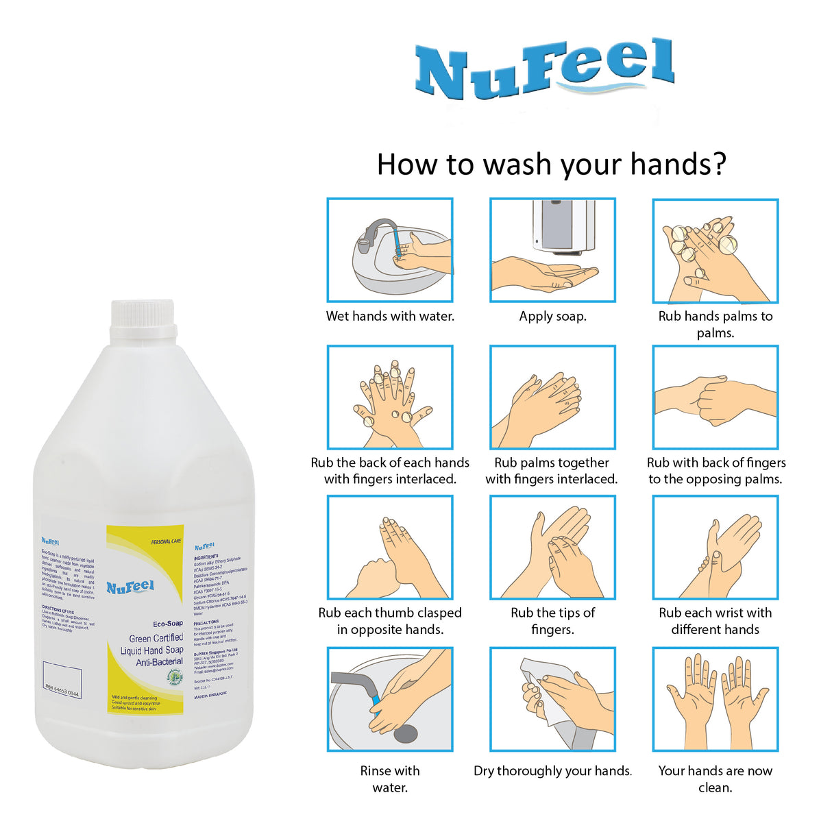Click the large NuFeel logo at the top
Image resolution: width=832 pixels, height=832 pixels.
[x=545, y=69]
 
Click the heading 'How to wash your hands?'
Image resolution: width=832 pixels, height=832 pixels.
[x=551, y=165]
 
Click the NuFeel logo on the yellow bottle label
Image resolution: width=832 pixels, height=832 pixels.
[x=130, y=587]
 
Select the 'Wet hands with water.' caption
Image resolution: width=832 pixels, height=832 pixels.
[x=390, y=317]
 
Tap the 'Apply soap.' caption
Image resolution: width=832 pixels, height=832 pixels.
[x=552, y=317]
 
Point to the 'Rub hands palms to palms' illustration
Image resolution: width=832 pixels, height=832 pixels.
[x=715, y=251]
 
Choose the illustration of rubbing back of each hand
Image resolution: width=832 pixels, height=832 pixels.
[x=390, y=397]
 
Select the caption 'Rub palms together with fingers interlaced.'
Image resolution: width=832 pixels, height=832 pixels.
[x=552, y=471]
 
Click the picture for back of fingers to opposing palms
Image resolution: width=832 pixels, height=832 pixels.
[x=715, y=397]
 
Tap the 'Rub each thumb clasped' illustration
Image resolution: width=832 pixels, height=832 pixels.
[x=390, y=548]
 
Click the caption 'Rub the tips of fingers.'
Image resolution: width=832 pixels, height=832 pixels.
[x=552, y=621]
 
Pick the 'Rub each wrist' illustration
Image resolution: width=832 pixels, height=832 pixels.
[x=715, y=548]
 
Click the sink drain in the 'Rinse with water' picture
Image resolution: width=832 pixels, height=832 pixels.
[x=405, y=733]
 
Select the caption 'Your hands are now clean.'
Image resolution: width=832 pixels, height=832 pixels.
[x=715, y=779]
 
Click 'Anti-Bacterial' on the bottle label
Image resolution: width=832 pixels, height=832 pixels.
[x=159, y=662]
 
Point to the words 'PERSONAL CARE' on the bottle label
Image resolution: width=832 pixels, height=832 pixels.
[x=167, y=541]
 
